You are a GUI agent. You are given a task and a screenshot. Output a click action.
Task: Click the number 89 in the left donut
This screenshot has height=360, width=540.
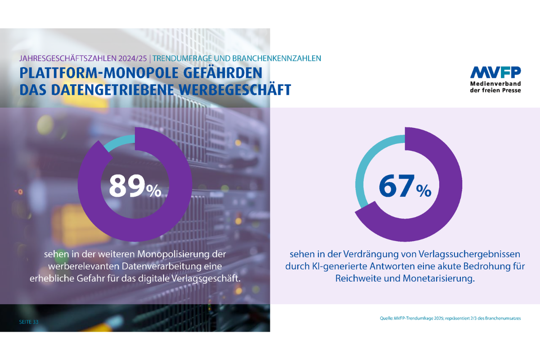pyautogui.click(x=127, y=185)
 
